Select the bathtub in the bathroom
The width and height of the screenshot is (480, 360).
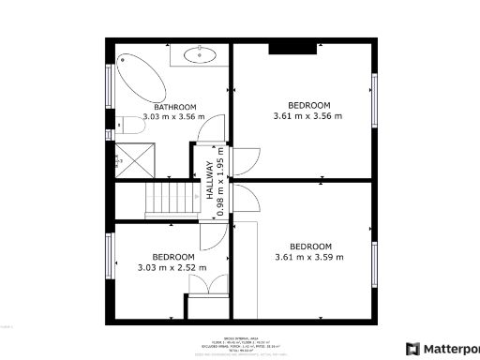[x=139, y=77]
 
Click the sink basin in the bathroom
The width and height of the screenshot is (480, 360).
[x=200, y=54]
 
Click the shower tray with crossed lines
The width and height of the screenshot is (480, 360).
[x=132, y=160]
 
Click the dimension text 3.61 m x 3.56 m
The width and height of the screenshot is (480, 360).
[x=308, y=116]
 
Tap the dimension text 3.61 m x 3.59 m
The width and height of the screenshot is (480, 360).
[x=309, y=258]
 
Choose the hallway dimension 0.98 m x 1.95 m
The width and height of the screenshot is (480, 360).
[x=221, y=182]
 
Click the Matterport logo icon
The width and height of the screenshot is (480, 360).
[x=413, y=349]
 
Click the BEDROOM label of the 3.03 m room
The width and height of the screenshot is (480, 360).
[x=173, y=257]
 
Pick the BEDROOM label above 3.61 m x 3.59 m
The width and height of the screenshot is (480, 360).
[x=309, y=247]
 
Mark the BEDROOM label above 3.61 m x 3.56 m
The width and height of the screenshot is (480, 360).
[x=308, y=105]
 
